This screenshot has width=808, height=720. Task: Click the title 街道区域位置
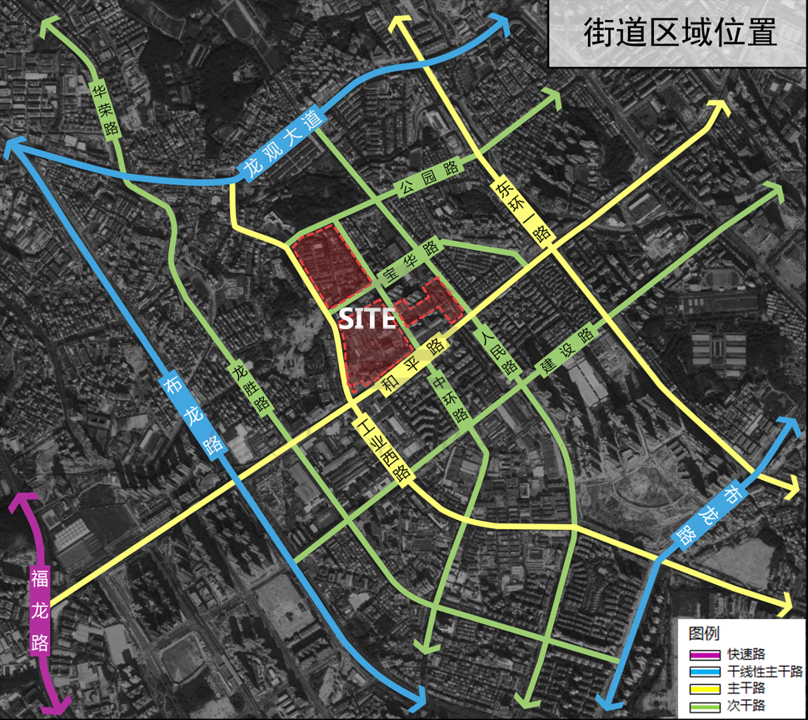(678, 32)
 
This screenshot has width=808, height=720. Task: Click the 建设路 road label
(566, 349)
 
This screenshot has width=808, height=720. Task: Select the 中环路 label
(447, 400)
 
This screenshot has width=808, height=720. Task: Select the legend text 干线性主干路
(764, 672)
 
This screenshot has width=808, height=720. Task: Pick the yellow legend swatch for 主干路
(704, 688)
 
